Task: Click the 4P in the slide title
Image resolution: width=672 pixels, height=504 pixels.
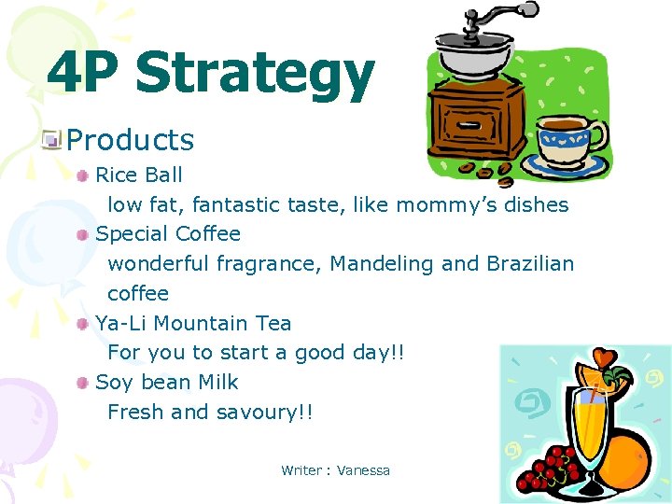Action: [86, 73]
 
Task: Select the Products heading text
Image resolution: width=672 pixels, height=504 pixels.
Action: [131, 140]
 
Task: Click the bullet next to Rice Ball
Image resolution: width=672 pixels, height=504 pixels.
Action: [84, 175]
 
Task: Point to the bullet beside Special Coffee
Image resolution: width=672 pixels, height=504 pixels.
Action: [84, 234]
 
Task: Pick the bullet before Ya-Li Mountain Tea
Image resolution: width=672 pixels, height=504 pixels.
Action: [84, 324]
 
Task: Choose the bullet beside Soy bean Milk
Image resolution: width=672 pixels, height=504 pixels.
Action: [84, 383]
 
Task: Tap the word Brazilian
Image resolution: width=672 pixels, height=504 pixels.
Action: [530, 263]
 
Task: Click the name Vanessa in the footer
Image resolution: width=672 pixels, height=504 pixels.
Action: [363, 470]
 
